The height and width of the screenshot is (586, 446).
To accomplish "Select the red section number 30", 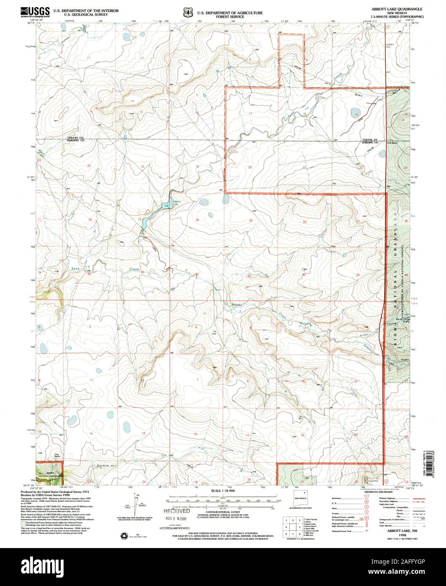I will [x=197, y=220].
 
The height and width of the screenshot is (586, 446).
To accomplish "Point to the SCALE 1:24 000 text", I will [x=223, y=492].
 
